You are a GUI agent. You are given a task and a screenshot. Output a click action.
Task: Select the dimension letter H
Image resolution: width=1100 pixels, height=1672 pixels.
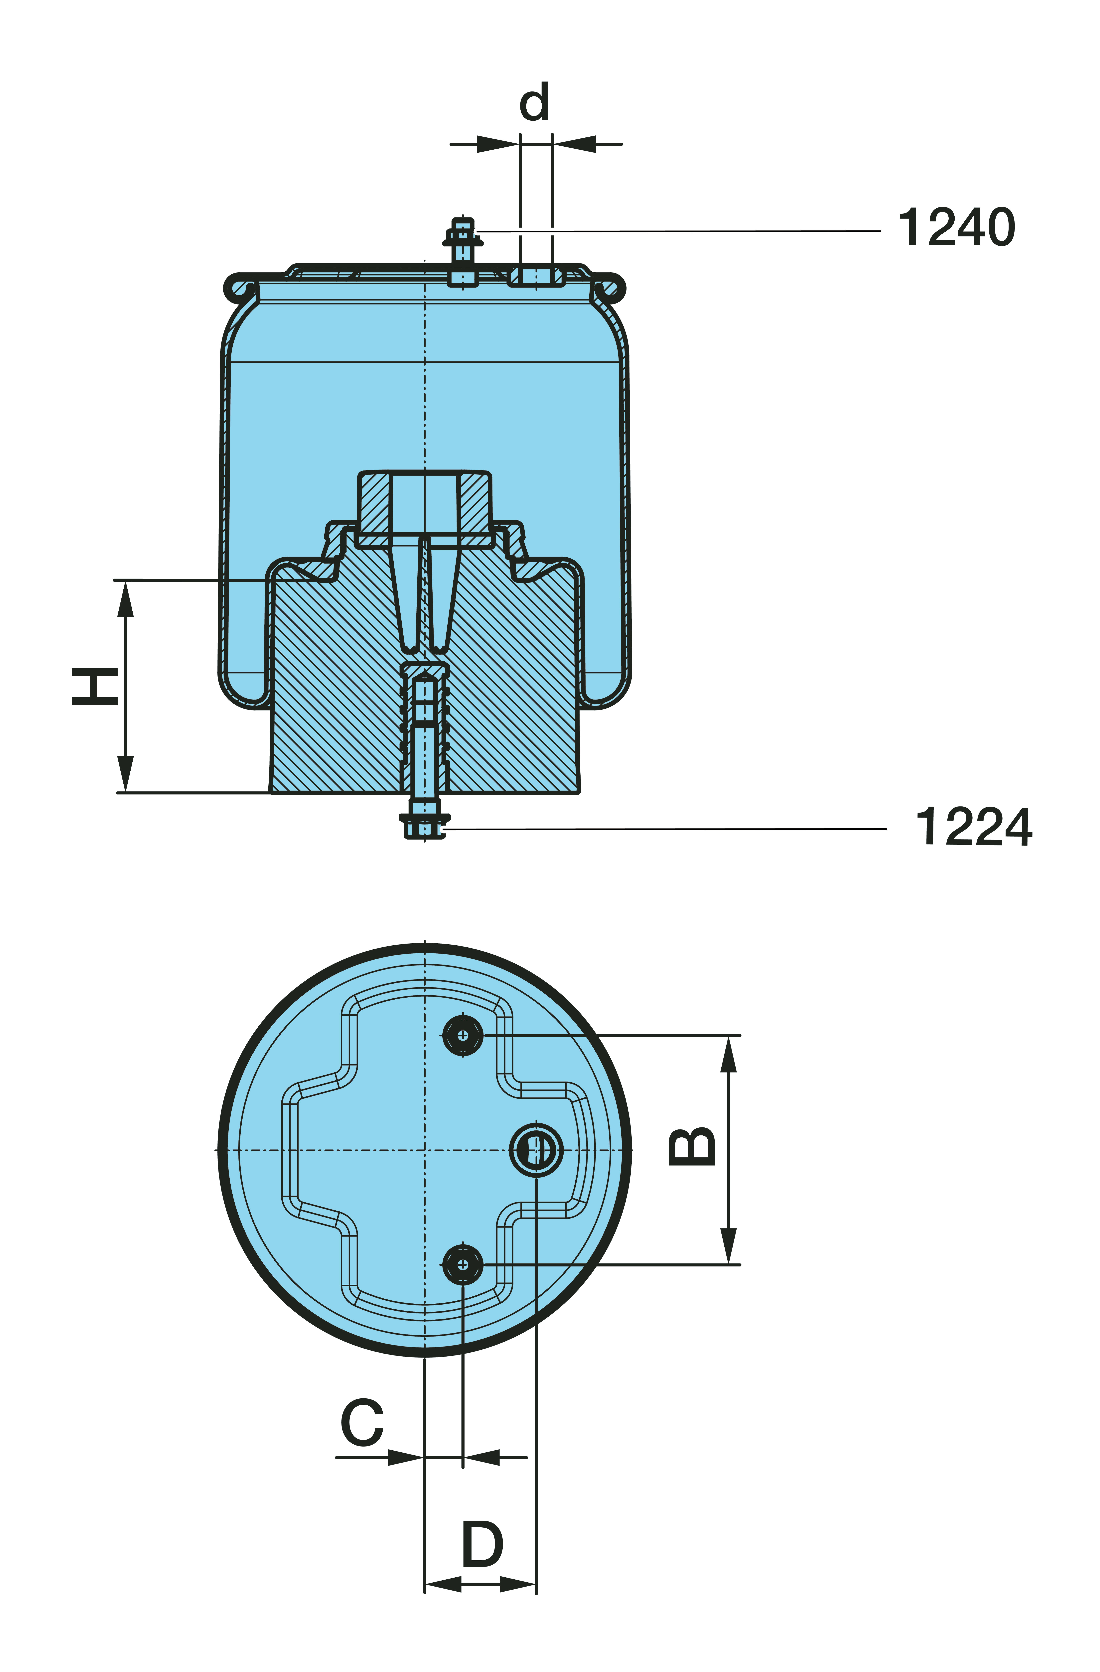[x=95, y=686]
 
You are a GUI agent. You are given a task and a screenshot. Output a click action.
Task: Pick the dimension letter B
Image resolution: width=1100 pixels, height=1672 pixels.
[x=692, y=1147]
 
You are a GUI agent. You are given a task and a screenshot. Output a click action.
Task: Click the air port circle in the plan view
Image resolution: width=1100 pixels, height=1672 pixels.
[x=536, y=1150]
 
